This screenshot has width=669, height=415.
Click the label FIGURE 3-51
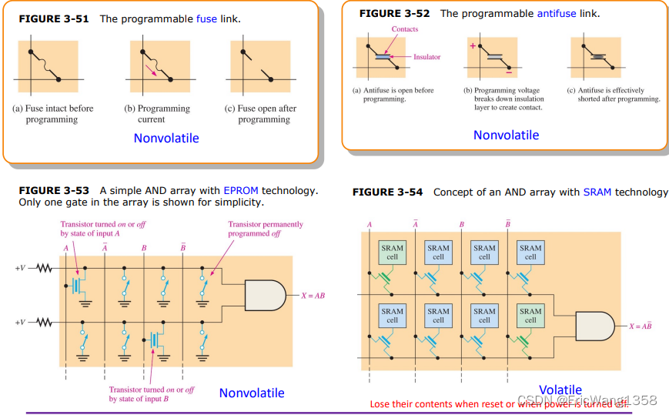(53, 18)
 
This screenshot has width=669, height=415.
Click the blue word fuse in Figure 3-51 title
(208, 18)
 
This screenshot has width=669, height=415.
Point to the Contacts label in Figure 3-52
(404, 29)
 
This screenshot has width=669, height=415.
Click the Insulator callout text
(426, 57)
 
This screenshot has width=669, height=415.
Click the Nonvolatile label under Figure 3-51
(166, 139)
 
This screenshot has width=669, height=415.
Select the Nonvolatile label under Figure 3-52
(506, 136)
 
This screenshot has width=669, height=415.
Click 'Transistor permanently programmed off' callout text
(266, 229)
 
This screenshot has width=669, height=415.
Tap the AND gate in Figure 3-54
(595, 326)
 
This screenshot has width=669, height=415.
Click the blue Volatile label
(560, 390)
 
